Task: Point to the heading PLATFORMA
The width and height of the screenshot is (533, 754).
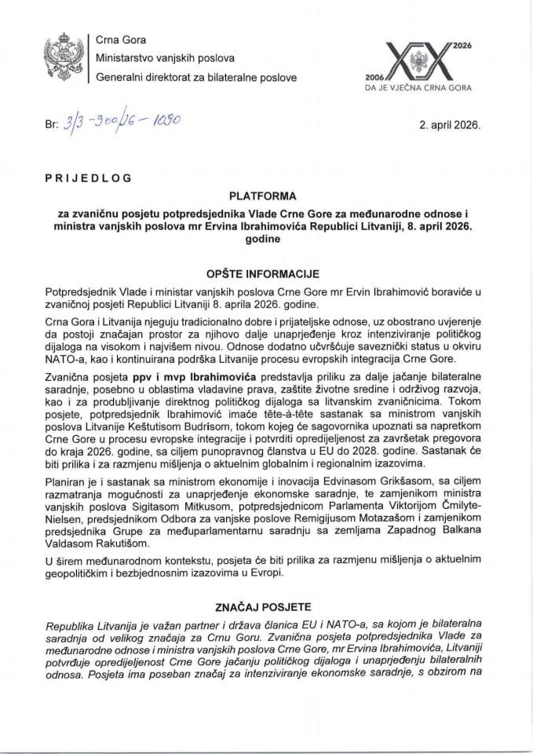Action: pos(266,195)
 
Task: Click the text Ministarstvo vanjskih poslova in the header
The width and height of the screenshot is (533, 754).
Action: pos(162,57)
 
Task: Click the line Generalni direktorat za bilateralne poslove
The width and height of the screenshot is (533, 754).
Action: pos(195,76)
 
